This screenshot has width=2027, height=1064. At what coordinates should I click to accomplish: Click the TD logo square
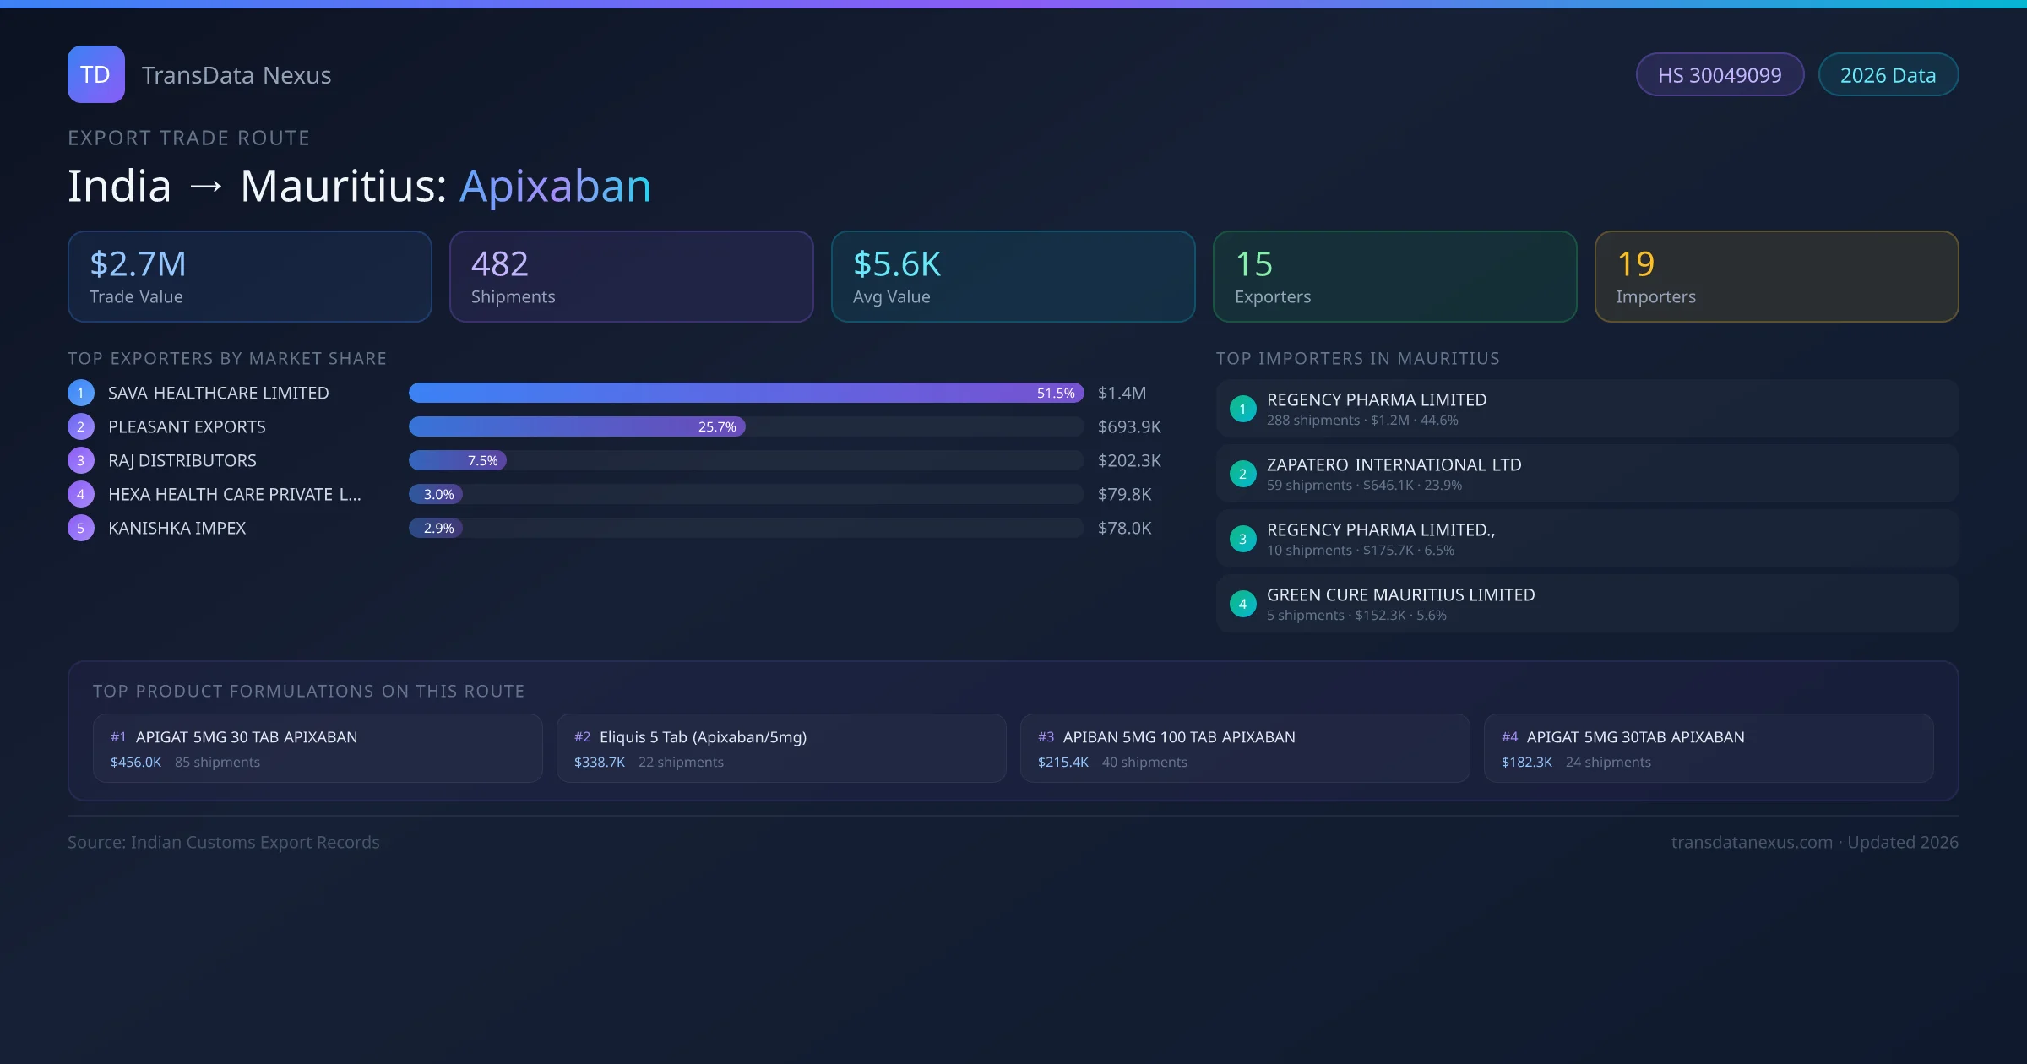click(95, 74)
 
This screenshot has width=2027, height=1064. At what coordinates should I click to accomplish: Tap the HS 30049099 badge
click(1719, 75)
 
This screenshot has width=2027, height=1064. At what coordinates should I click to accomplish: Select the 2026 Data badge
click(1888, 75)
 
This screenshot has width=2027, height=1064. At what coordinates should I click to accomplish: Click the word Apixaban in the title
click(555, 187)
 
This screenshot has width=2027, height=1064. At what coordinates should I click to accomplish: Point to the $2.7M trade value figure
click(138, 264)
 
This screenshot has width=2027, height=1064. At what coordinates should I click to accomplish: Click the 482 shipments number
click(499, 264)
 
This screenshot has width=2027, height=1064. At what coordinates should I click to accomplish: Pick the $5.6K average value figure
click(896, 264)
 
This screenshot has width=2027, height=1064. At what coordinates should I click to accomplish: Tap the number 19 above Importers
click(1635, 264)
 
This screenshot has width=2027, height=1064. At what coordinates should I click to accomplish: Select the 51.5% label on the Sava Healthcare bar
click(1056, 394)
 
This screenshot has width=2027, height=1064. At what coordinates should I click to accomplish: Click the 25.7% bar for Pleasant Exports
click(577, 427)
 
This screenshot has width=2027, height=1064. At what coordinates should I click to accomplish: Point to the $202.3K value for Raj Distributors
click(1129, 461)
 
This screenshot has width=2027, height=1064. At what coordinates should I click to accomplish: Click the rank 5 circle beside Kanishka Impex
click(81, 529)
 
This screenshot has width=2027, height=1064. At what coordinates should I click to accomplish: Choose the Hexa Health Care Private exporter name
click(234, 495)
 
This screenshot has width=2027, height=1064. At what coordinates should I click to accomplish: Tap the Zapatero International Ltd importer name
click(1394, 465)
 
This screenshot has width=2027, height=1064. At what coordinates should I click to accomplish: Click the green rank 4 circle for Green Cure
click(1242, 604)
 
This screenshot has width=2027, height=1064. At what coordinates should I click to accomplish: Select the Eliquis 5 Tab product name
click(703, 737)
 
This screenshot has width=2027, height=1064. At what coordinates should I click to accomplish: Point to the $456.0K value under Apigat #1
click(135, 763)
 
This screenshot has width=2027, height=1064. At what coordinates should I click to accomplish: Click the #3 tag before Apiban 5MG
click(1046, 737)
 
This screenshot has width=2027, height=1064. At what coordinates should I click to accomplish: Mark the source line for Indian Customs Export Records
click(224, 843)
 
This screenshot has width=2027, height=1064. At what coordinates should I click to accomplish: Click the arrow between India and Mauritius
click(205, 187)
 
